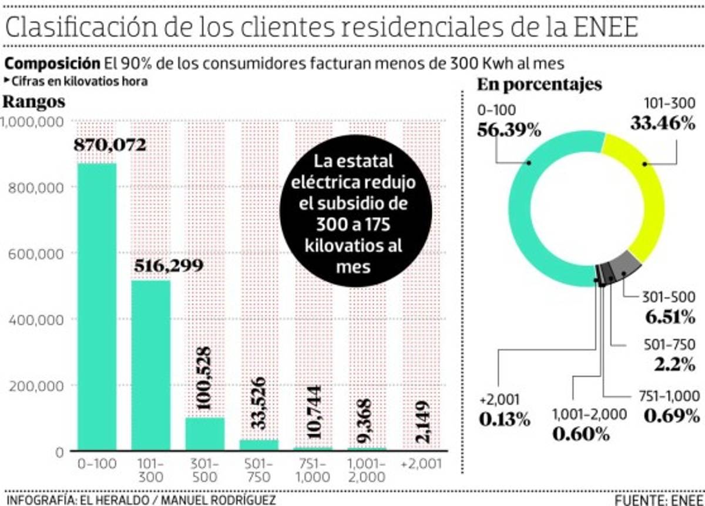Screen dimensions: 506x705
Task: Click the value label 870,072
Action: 110,144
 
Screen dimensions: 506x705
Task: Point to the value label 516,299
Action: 168,266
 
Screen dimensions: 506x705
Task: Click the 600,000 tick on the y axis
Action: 36,254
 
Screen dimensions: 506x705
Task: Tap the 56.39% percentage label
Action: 509,130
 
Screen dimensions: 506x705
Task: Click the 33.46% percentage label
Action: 663,124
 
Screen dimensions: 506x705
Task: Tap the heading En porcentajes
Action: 539,85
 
